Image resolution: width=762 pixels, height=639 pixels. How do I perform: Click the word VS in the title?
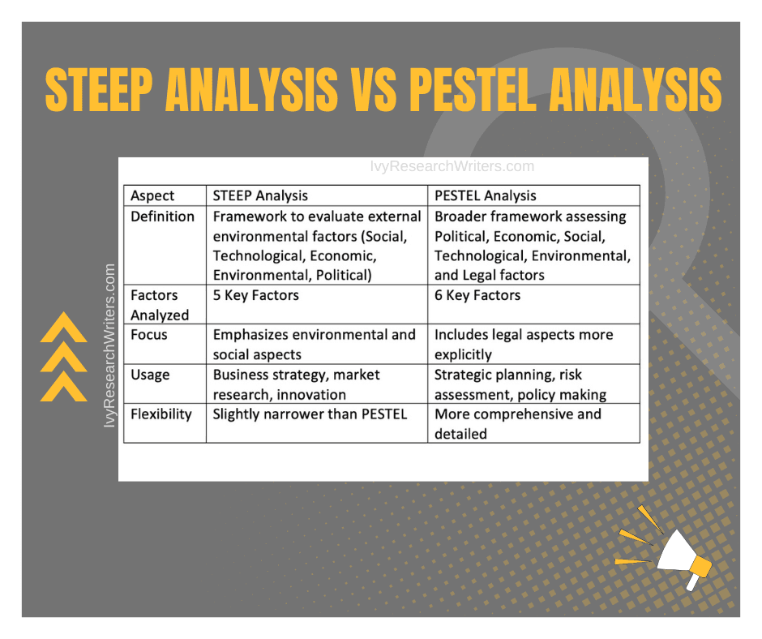(x=373, y=89)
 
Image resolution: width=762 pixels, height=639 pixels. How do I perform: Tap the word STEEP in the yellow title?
(x=99, y=89)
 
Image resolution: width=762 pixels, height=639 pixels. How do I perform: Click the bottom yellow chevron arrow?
(x=64, y=387)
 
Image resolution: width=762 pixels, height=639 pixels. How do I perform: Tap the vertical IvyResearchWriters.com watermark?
(x=109, y=345)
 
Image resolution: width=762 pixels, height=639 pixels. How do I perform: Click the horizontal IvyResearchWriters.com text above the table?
(x=452, y=166)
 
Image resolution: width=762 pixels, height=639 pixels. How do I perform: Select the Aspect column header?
(x=152, y=195)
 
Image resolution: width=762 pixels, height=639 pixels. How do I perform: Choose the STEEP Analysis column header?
(x=260, y=195)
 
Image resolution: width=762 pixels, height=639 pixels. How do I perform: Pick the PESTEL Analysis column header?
(x=485, y=195)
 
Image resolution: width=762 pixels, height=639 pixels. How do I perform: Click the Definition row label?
(x=162, y=217)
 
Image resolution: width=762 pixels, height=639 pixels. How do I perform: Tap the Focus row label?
(x=148, y=335)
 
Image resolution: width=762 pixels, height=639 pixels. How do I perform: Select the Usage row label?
(x=150, y=375)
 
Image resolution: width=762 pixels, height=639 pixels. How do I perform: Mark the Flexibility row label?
(x=161, y=414)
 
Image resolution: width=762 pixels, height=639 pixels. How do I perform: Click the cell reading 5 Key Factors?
(x=255, y=295)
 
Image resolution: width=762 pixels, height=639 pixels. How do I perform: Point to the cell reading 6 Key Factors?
(x=477, y=295)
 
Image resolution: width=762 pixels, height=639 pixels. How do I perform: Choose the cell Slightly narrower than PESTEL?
(x=310, y=414)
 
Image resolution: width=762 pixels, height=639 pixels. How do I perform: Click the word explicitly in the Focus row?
(x=463, y=354)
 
